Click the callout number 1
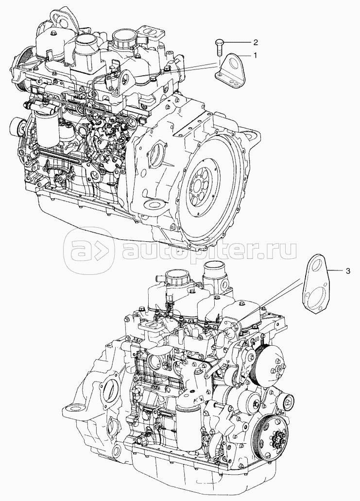point(255,55)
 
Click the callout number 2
point(255,42)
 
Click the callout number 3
point(348,271)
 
